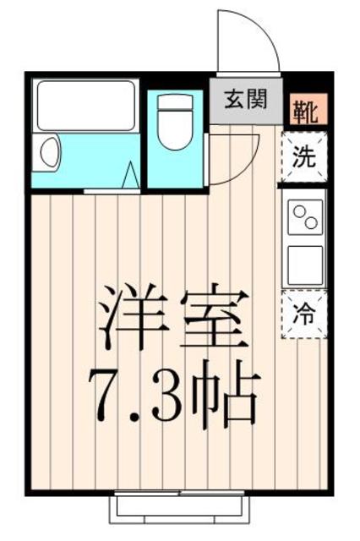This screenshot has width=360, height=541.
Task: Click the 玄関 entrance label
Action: (246, 99)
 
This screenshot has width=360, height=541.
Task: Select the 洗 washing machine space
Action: (304, 157)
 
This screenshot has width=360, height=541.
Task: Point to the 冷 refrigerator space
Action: (304, 314)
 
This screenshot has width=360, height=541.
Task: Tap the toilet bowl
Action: (175, 129)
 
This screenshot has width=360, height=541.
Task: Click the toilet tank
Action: (175, 102)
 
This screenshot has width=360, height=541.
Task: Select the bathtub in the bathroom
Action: (85, 106)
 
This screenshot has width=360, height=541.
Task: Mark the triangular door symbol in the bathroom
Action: (131, 175)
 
